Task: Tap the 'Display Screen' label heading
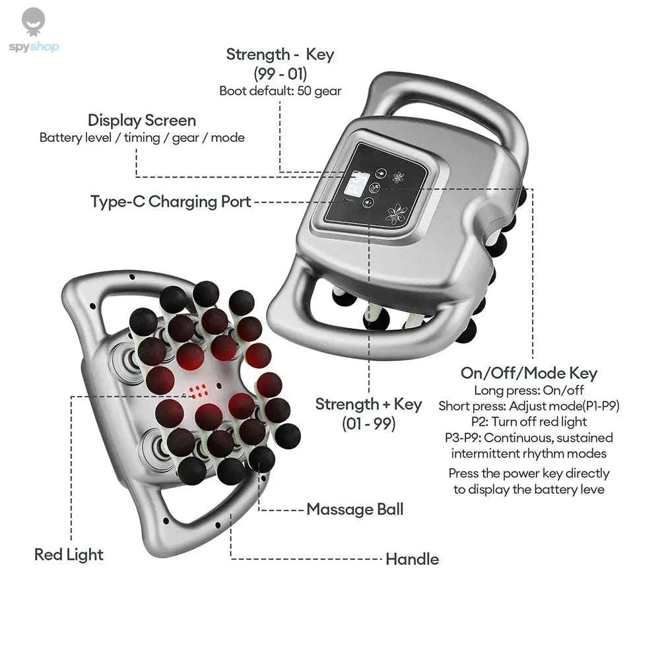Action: click(x=142, y=121)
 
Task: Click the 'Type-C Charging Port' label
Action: click(x=171, y=202)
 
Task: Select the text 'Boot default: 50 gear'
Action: click(x=280, y=91)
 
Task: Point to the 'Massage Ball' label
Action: click(x=354, y=510)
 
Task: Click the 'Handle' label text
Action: click(x=412, y=559)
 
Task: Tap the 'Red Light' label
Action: click(x=69, y=554)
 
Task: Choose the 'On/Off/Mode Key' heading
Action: click(x=529, y=373)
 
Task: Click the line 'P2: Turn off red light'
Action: click(x=529, y=422)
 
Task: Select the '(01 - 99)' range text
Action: click(x=368, y=424)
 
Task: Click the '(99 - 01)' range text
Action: click(x=280, y=73)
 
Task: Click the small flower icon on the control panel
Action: click(x=397, y=177)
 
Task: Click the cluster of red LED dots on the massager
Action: click(x=199, y=392)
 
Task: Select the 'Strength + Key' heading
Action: click(x=368, y=405)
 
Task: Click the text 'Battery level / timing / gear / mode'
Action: click(x=142, y=138)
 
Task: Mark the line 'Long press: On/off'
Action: click(x=529, y=390)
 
